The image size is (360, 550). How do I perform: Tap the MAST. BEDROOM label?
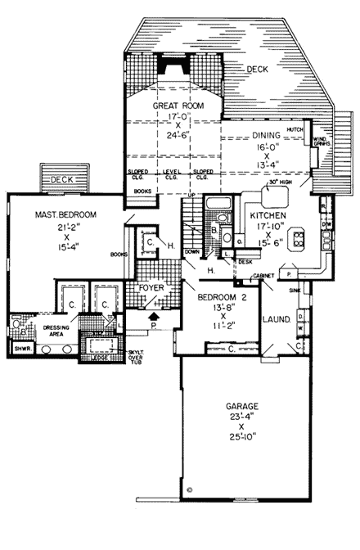(66, 214)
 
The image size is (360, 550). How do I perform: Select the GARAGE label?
(240, 405)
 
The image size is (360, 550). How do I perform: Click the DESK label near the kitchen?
(245, 262)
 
